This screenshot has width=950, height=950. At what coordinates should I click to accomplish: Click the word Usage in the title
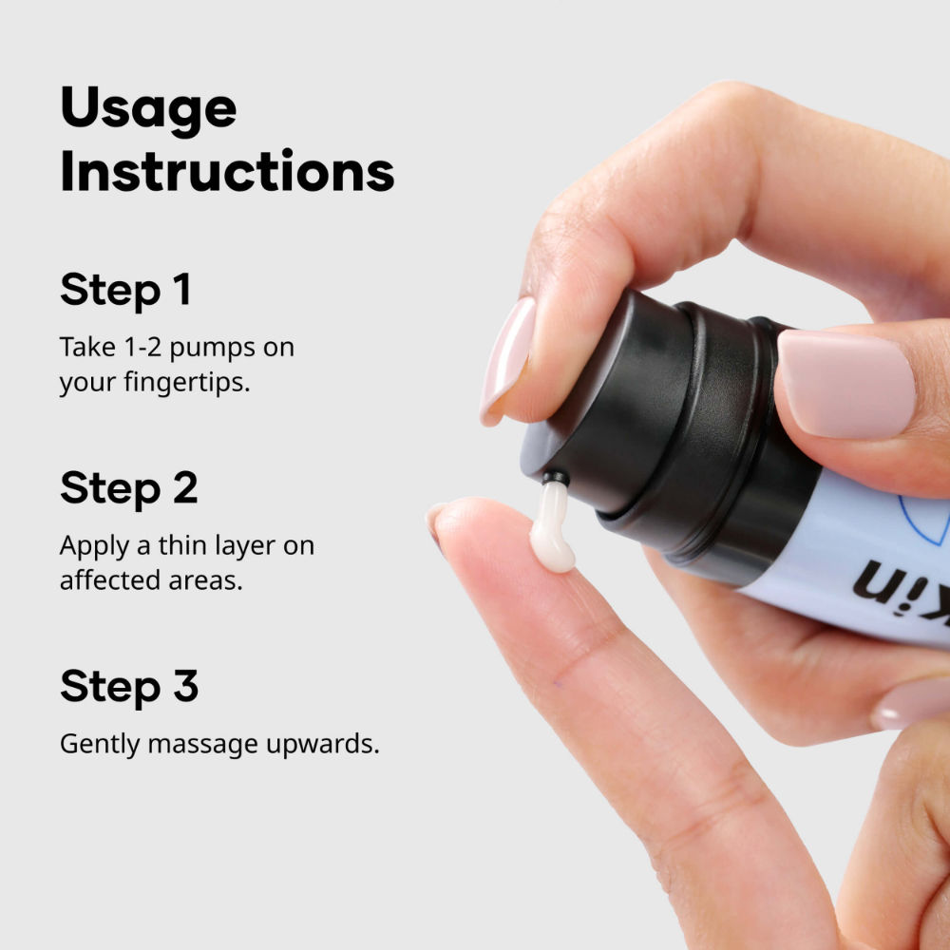point(148,110)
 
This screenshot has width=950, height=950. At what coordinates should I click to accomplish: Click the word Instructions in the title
point(227,172)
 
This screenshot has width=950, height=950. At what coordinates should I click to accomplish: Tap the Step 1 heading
point(125,290)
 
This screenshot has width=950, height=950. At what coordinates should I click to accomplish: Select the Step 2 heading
point(128,487)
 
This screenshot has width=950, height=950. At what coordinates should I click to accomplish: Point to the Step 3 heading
point(128,686)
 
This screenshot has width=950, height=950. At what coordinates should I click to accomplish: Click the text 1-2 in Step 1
point(126,347)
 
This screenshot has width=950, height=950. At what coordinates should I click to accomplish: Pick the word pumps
point(207,348)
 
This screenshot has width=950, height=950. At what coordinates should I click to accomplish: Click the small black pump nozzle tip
point(555,478)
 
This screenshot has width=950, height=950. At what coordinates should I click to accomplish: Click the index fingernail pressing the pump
point(507,356)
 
